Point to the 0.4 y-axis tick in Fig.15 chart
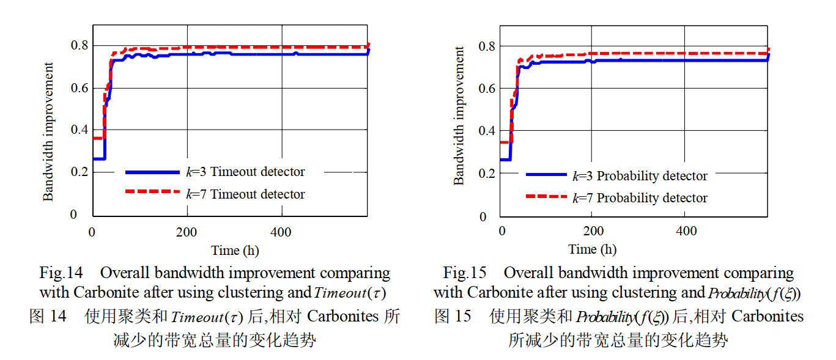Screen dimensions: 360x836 487,131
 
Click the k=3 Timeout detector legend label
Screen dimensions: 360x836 245,172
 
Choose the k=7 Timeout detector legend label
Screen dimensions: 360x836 245,194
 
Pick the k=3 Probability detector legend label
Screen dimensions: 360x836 640,176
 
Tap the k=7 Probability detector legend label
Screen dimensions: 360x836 640,198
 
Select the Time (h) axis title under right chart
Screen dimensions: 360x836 592,249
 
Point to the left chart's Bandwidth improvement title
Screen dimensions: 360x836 48,131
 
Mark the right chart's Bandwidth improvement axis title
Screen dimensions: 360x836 459,116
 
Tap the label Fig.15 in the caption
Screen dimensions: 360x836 464,273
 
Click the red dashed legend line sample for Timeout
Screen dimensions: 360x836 152,192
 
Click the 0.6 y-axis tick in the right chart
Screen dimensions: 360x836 487,88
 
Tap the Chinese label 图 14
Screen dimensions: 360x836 48,317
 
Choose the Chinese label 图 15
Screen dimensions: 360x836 453,316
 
